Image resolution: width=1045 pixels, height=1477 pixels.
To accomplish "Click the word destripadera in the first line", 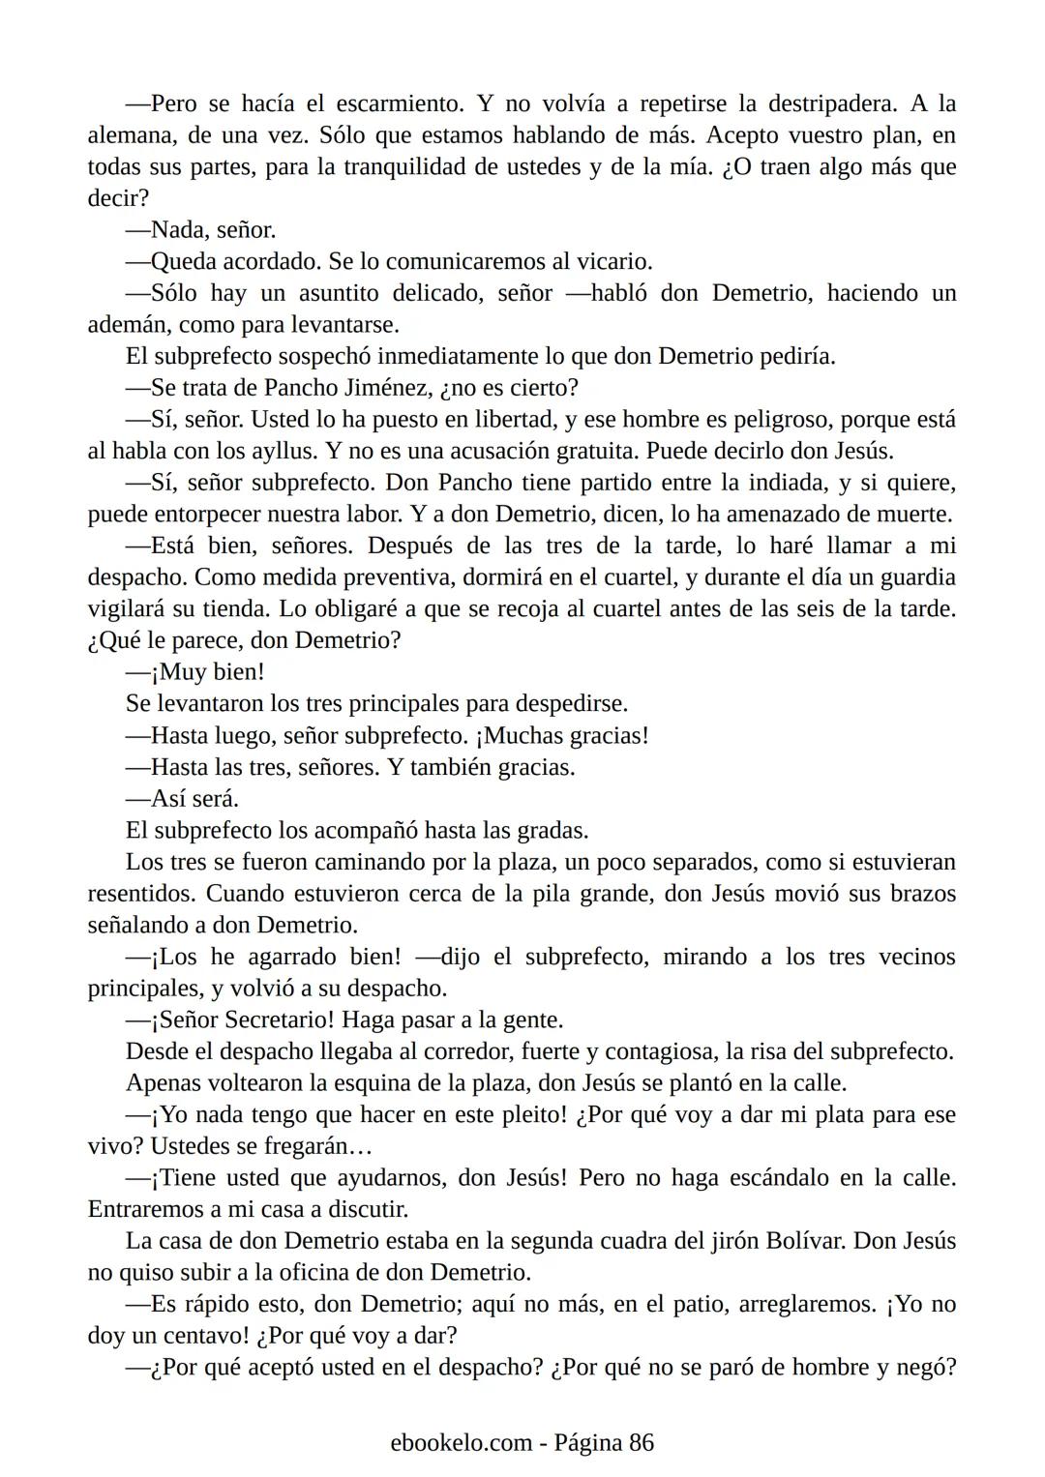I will tap(831, 103).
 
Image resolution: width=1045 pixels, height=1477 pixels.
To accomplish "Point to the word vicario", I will tap(613, 262).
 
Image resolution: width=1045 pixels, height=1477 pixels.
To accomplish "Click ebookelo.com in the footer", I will tap(462, 1443).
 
